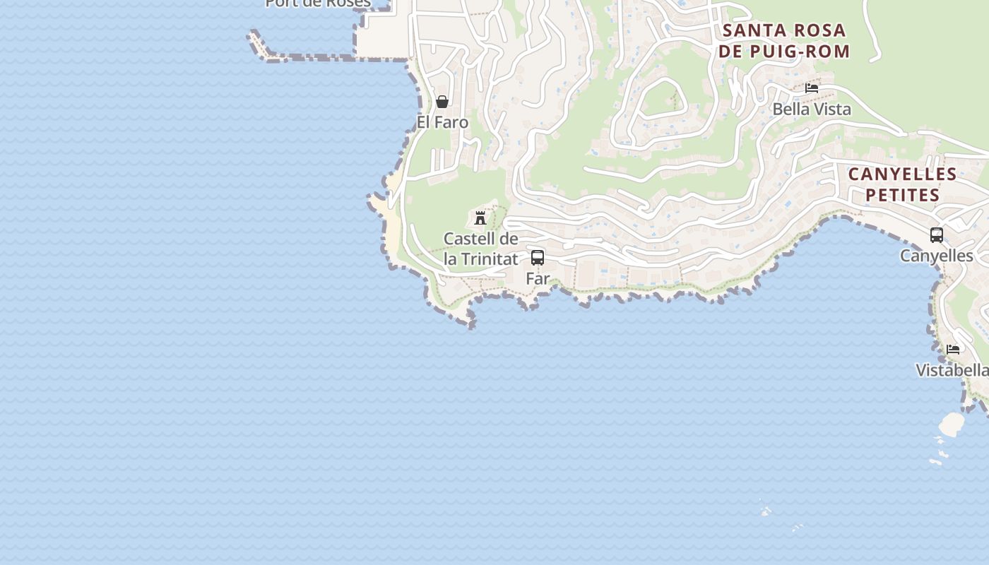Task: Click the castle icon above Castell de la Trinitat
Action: click(x=480, y=218)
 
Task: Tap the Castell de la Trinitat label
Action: click(x=481, y=249)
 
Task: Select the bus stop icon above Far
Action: click(x=538, y=257)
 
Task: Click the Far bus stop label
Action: click(x=538, y=278)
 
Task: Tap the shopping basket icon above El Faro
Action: click(x=442, y=102)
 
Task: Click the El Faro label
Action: click(x=442, y=122)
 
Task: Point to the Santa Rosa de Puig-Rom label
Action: click(x=783, y=40)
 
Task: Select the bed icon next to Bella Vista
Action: click(x=812, y=88)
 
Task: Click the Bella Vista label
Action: click(x=812, y=109)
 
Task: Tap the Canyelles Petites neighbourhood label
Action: click(x=902, y=184)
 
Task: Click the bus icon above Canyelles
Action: click(x=937, y=235)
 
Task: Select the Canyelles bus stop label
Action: click(x=936, y=256)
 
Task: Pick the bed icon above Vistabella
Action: click(x=953, y=349)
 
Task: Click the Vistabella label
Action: click(x=952, y=370)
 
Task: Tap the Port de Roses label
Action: click(x=318, y=4)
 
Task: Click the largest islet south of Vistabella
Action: click(x=952, y=424)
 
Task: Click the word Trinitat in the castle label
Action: click(x=490, y=259)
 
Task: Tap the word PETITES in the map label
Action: click(x=902, y=195)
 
